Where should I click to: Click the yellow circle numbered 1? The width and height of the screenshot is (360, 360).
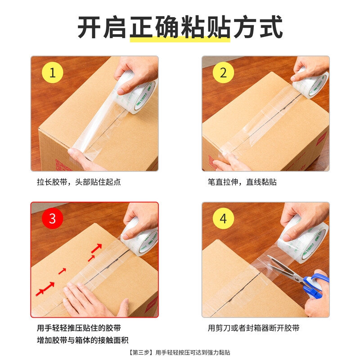coord(52,72)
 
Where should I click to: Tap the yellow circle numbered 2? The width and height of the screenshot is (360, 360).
coord(223,72)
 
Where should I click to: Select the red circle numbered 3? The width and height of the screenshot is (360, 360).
coord(52,218)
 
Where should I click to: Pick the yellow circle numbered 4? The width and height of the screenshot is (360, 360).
coord(223,218)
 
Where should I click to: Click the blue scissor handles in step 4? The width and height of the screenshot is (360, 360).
coord(316,285)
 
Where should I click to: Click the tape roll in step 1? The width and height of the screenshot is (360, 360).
coord(135,93)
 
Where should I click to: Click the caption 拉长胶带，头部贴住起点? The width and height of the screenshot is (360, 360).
coord(79,182)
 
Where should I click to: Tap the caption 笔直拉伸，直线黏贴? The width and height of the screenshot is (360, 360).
coord(242,182)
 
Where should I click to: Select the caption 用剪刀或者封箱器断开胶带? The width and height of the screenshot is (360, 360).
coord(253,328)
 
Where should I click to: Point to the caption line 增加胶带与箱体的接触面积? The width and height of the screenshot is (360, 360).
coord(83,340)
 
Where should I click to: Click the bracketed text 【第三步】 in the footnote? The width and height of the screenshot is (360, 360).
coord(140,352)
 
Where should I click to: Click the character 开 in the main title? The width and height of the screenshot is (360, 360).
coord(89,27)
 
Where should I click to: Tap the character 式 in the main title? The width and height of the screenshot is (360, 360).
coord(271,27)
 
